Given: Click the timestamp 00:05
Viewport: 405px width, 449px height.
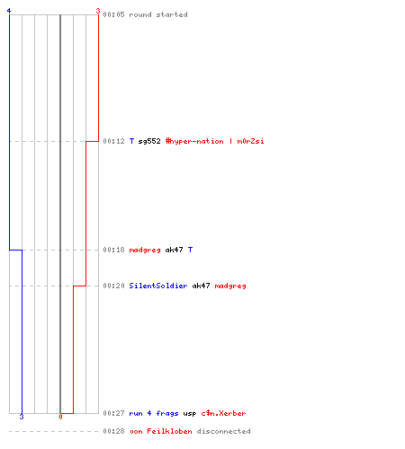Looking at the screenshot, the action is pos(113,14).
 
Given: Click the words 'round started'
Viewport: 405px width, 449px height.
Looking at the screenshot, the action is pos(158,14).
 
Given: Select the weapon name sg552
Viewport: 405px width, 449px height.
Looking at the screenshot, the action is pos(149,141).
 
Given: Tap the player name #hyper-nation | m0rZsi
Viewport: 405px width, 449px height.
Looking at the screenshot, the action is pos(214,141).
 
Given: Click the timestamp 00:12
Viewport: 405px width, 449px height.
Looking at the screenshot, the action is pos(113,141).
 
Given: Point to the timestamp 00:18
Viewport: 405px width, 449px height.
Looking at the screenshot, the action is pos(113,250).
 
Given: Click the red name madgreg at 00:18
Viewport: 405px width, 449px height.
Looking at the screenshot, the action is pos(145,250).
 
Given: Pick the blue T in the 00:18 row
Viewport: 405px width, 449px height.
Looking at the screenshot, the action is pos(190,250).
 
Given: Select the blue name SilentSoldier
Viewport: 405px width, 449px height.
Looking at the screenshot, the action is pos(158,286).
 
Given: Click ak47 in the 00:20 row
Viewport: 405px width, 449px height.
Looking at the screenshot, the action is pos(201,286).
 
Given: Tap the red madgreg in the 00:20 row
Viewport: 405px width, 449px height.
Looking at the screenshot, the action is pos(230,286).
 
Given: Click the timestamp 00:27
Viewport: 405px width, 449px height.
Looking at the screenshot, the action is pos(113,413).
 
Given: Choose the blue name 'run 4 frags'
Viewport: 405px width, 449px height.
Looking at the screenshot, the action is pos(154,413).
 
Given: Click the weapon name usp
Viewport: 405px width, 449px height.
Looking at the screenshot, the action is pos(190,414).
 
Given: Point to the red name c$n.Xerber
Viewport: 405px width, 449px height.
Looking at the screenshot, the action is pos(223,413).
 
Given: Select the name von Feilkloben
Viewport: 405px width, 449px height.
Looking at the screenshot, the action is pos(160,431).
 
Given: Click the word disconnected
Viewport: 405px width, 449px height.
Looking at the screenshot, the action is pos(223,431).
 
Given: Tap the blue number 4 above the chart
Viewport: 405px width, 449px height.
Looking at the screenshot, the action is pos(9,11).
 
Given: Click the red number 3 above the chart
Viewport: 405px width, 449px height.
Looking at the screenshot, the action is pos(98,11).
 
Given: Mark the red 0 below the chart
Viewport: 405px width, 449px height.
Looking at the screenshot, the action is pos(60,417).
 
